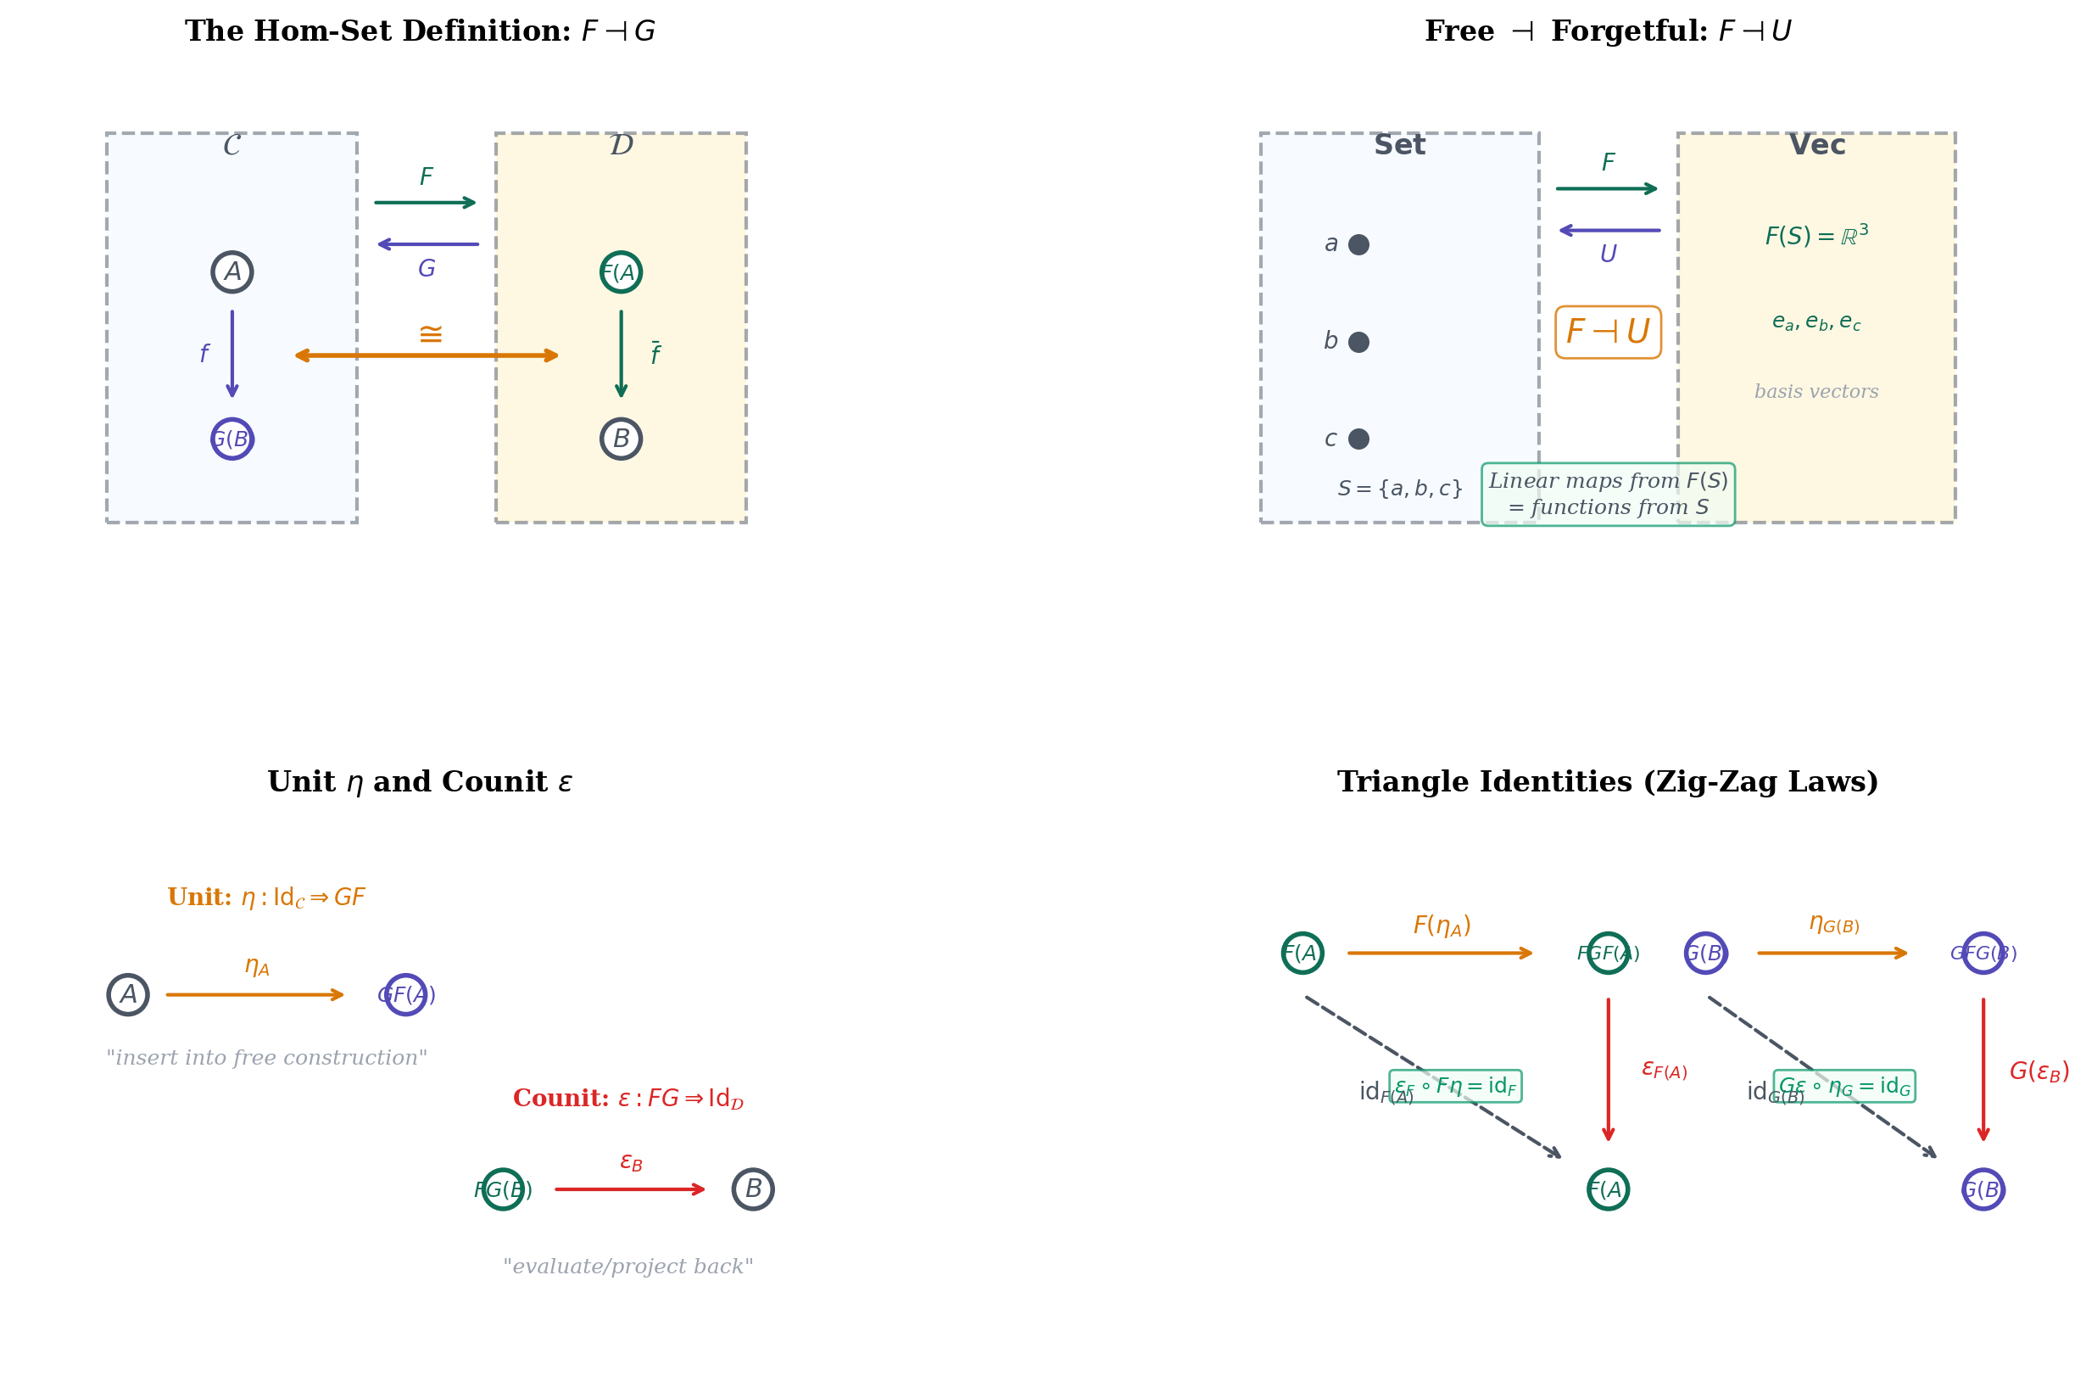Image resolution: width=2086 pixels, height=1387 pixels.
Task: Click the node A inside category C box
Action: (x=231, y=271)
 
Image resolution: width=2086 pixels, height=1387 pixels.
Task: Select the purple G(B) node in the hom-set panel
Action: (x=231, y=439)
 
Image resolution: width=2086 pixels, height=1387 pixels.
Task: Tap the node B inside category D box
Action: (x=621, y=439)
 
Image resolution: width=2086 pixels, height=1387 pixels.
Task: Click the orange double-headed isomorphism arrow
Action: (x=427, y=355)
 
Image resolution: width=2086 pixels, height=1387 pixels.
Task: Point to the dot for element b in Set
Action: (x=1358, y=343)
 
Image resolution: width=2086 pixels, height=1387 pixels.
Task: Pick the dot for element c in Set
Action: (x=1358, y=439)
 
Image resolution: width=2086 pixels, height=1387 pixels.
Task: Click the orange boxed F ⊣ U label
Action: (x=1608, y=333)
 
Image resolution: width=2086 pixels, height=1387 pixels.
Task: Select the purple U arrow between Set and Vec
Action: (x=1609, y=231)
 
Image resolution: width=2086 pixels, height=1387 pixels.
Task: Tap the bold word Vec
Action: (x=1816, y=145)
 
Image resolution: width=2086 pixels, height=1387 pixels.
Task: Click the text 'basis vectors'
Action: (x=1815, y=392)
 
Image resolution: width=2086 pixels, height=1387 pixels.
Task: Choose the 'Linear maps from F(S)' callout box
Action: (x=1608, y=495)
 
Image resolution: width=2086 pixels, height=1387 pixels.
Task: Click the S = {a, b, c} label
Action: (x=1399, y=489)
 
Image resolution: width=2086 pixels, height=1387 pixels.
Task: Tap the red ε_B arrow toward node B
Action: (x=629, y=1189)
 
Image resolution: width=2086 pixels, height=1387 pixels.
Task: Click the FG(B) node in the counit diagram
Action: (x=502, y=1189)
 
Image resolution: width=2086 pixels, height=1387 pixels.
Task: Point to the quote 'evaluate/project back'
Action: (x=627, y=1267)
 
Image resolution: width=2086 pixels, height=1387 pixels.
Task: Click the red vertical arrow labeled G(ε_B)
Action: (x=1983, y=1071)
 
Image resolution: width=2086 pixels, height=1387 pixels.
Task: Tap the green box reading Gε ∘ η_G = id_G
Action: (x=1843, y=1086)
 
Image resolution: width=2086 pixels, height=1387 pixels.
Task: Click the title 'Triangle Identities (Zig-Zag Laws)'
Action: (x=1607, y=782)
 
